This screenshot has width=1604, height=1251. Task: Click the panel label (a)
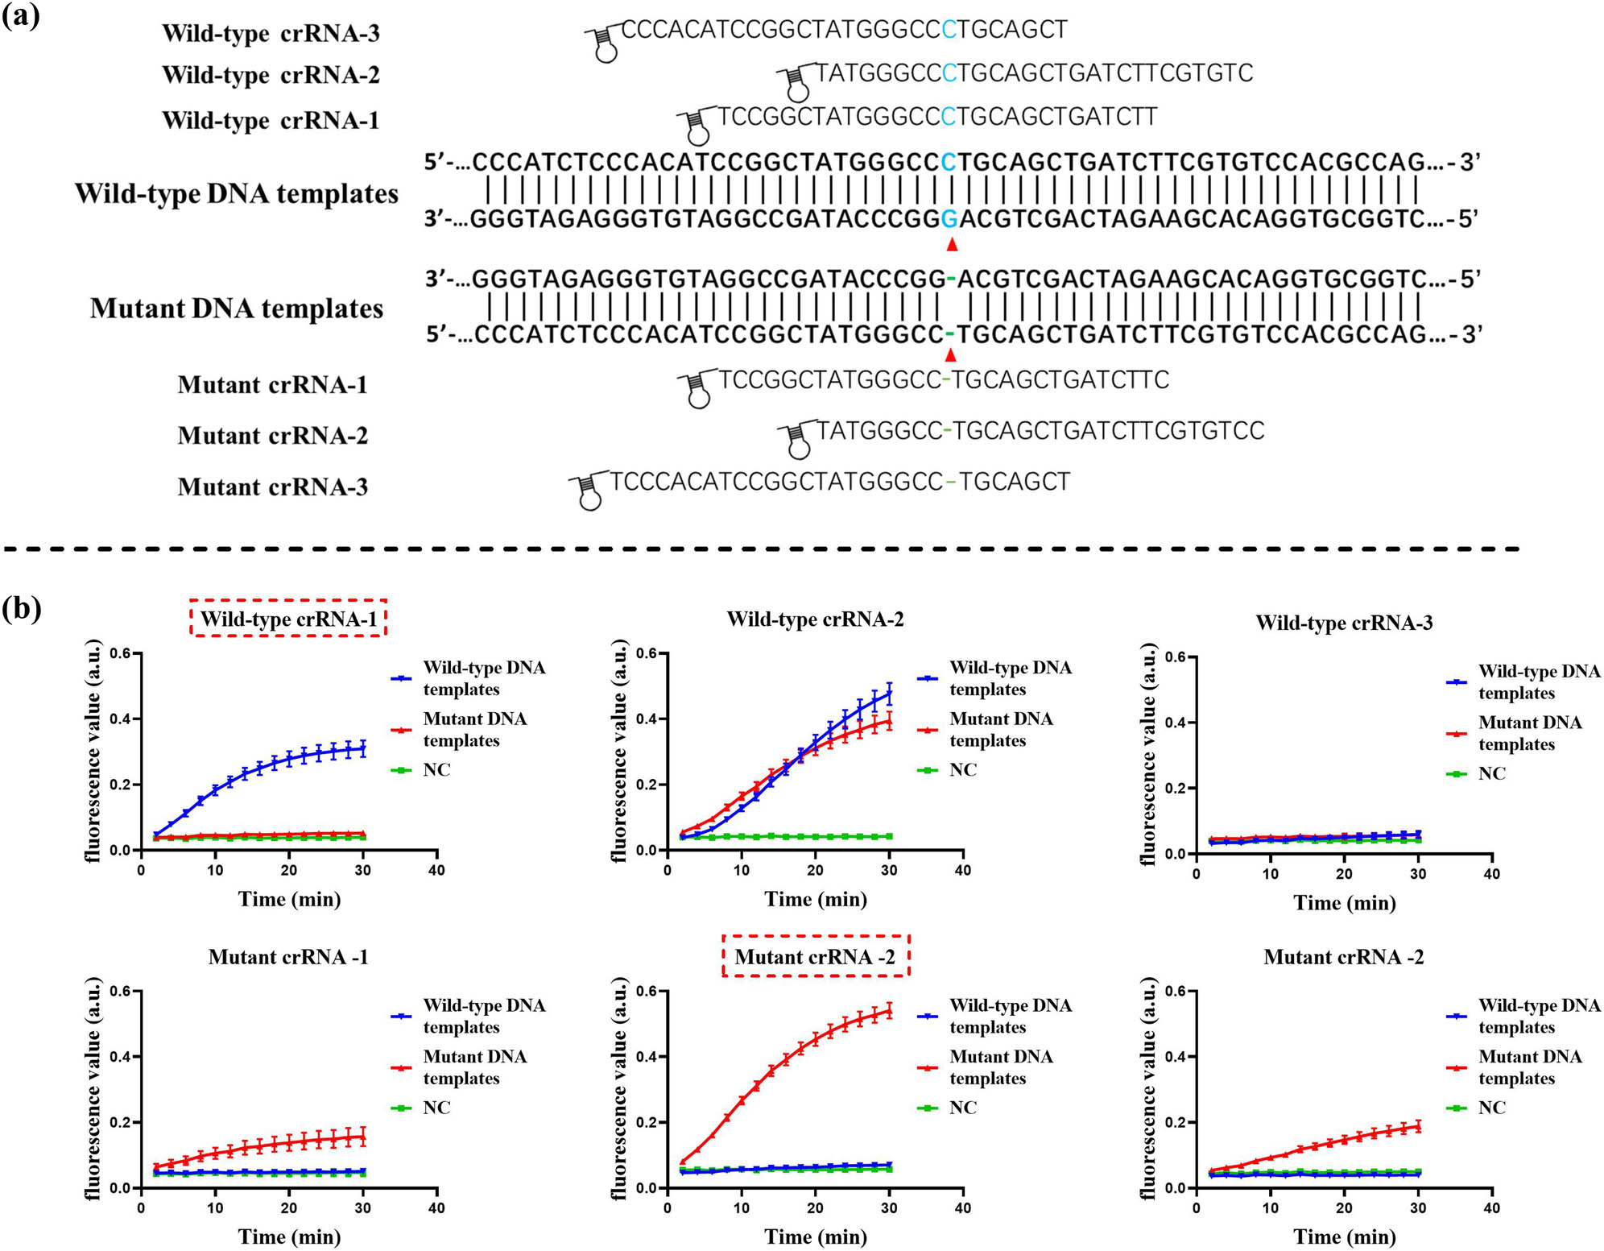[x=21, y=15]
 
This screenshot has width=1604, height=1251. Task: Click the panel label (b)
[x=22, y=607]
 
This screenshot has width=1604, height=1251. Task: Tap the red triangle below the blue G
[x=952, y=244]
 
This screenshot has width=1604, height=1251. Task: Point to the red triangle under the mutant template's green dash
[x=951, y=354]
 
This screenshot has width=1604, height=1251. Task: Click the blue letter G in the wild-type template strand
[x=950, y=219]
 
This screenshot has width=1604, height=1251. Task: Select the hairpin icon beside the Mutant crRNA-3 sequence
[x=589, y=491]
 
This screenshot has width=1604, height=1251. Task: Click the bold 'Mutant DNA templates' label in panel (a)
[x=236, y=309]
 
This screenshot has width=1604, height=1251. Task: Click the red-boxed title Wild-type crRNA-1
[x=288, y=619]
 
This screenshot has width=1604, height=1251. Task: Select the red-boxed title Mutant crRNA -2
[x=815, y=956]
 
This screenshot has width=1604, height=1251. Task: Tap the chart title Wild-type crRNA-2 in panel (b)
[x=815, y=619]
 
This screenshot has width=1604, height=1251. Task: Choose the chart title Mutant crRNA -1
[x=288, y=956]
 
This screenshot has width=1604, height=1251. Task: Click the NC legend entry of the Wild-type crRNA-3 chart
[x=1491, y=773]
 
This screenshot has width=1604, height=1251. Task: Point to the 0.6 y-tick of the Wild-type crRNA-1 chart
[x=121, y=653]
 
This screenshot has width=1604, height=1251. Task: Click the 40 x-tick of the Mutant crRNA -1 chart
[x=436, y=1208]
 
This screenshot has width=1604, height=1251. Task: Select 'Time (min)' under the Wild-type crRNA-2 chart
[x=815, y=899]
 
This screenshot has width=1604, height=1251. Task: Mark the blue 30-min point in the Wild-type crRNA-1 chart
[x=363, y=748]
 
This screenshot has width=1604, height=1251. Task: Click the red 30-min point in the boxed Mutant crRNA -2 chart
[x=889, y=1010]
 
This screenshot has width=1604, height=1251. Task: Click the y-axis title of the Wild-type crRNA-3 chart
[x=1149, y=755]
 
